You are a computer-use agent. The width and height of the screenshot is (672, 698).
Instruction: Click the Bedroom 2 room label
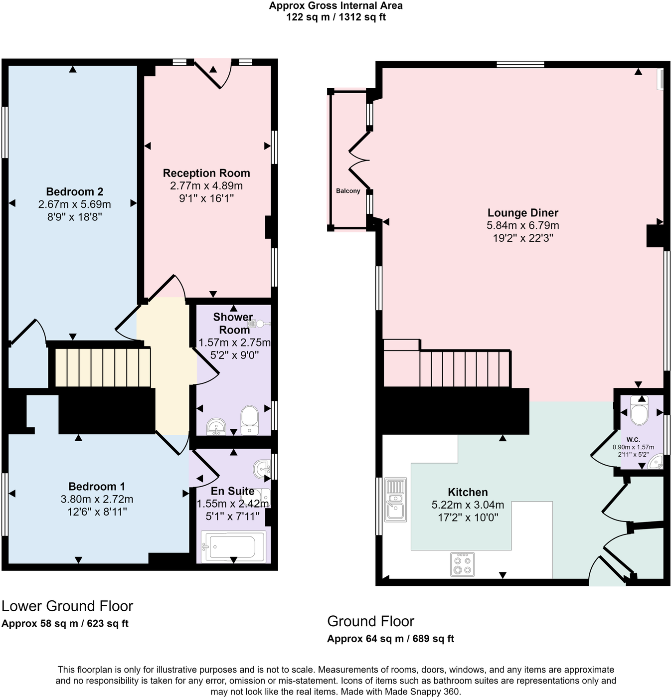click(x=74, y=192)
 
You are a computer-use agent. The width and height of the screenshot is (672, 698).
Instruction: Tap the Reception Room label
click(x=206, y=174)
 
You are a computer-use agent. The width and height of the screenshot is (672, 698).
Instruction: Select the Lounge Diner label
click(x=522, y=213)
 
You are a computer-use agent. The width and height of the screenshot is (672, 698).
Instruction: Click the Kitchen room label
click(x=467, y=492)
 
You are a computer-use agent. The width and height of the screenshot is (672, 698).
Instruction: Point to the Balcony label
click(x=347, y=191)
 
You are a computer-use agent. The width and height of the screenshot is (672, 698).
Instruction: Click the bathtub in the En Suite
click(x=233, y=547)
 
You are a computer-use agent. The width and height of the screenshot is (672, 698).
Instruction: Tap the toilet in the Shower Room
click(x=249, y=420)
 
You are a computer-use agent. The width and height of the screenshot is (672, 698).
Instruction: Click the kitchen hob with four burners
click(x=462, y=564)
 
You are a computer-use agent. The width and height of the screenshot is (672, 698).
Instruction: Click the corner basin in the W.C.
click(x=657, y=462)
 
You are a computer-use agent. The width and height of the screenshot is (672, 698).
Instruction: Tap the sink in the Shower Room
click(x=216, y=426)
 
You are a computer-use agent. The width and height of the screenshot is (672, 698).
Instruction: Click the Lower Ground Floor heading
click(x=67, y=606)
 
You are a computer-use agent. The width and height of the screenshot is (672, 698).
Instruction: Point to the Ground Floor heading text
click(x=370, y=621)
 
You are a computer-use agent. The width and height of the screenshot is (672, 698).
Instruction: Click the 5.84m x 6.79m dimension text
click(x=522, y=225)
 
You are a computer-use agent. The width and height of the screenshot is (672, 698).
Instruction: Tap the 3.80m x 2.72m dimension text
click(x=97, y=499)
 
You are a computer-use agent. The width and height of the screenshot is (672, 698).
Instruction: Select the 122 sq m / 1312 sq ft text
click(x=336, y=17)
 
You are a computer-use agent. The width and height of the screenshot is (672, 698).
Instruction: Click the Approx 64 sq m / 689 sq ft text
click(x=390, y=639)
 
